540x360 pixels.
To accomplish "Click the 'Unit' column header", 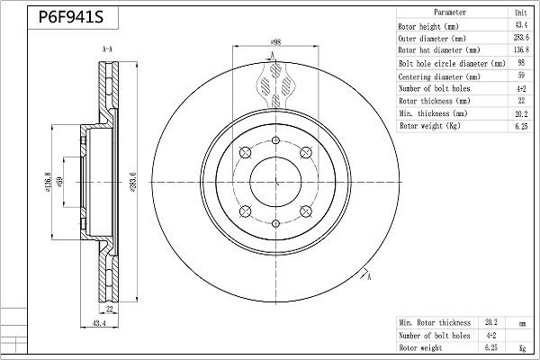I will click(x=520, y=13).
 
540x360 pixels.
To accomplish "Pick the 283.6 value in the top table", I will click(x=520, y=39).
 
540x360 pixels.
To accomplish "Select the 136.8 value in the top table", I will click(x=520, y=51).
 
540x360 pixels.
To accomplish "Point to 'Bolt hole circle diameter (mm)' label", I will click(x=451, y=64).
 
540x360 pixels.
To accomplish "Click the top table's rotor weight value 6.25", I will click(x=520, y=127).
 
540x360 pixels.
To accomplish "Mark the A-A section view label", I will click(x=107, y=48).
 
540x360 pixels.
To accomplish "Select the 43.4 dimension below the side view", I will click(x=99, y=323).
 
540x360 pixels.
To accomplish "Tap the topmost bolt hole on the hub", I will click(x=274, y=140).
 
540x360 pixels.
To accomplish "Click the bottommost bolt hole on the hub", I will click(x=274, y=222).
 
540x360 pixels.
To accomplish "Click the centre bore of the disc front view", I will click(x=274, y=181).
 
